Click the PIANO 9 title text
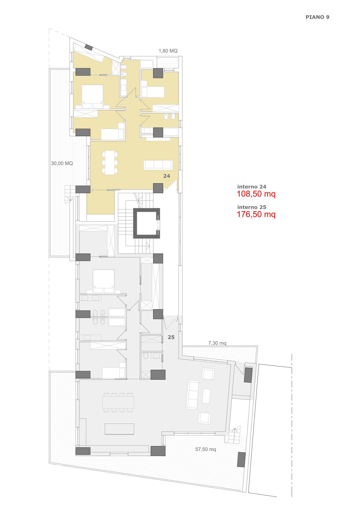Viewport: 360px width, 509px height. pos(317,17)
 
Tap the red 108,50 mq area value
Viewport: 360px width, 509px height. pos(256,194)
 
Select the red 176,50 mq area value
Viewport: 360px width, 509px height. pos(256,214)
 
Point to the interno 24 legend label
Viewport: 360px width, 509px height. pos(252,187)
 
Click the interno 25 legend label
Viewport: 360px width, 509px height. pos(252,207)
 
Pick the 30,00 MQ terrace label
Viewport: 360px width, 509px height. pos(62,163)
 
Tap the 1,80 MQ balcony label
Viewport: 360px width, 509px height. pos(168,51)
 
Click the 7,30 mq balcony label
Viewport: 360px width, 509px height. pos(217,343)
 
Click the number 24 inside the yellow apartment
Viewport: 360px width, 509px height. pos(167,176)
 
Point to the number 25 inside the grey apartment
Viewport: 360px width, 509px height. pos(171,337)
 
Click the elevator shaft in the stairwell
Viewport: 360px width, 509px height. pos(147,223)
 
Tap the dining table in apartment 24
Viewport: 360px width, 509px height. pos(110,162)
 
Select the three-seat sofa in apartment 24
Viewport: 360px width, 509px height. pos(158,165)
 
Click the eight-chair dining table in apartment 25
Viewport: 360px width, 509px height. pos(118,402)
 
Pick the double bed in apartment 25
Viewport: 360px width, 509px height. pos(103,281)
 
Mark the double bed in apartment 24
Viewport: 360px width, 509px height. pos(92,96)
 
